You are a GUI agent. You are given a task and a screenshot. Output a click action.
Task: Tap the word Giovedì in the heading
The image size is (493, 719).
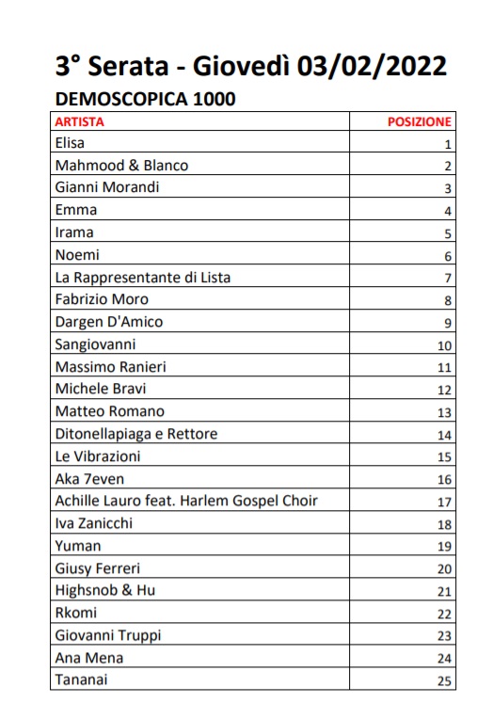pos(239,67)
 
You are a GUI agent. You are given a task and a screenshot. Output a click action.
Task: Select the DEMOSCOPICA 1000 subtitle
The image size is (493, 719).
pos(146,99)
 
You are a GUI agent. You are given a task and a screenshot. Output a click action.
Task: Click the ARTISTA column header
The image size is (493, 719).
pos(80,121)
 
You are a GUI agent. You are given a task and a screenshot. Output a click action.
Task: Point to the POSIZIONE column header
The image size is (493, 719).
pos(420,121)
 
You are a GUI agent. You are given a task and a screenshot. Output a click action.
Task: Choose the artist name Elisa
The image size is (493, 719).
pos(70,143)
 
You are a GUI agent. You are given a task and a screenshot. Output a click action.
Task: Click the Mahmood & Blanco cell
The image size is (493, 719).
pos(121,166)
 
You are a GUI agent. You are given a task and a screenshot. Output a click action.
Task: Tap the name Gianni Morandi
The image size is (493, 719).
pos(107,187)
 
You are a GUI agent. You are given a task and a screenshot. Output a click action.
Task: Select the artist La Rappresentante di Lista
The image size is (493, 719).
pos(142,278)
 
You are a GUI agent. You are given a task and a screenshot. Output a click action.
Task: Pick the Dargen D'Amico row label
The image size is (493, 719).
pos(109,322)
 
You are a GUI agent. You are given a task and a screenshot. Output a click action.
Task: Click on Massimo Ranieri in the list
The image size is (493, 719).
pos(110,367)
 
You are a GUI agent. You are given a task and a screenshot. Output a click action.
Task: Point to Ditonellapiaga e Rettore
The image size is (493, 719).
pos(135,434)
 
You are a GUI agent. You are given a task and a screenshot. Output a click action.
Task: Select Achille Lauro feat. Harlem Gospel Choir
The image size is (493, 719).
pos(186,502)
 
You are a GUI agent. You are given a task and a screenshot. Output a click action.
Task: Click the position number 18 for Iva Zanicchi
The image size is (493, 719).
pos(445,525)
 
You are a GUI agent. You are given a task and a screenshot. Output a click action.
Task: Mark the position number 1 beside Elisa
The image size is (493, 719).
pos(449,145)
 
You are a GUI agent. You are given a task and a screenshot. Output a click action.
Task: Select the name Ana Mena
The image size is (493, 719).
pos(89,658)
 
